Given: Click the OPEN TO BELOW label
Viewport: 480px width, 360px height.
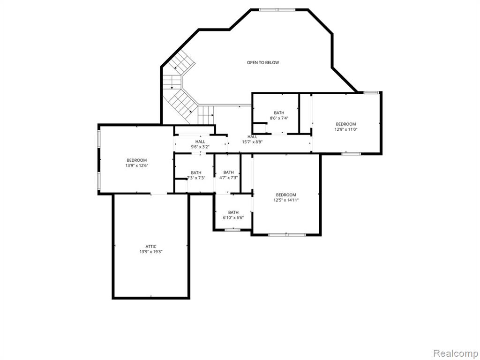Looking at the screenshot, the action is (263, 62).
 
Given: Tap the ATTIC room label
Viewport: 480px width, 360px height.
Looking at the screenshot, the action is (151, 247).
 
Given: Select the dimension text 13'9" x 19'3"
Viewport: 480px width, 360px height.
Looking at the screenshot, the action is (151, 252).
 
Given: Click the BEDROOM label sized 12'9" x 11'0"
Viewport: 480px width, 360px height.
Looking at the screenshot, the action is (346, 124).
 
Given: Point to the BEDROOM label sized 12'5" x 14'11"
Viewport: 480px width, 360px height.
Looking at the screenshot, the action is (286, 195).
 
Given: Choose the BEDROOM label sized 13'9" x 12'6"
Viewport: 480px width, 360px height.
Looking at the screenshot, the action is (137, 160).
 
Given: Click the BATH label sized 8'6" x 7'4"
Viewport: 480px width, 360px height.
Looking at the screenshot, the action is (279, 112).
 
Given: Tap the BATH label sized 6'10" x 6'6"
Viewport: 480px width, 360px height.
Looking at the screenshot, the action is (233, 212).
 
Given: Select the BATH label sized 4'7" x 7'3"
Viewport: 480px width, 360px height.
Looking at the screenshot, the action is (229, 172).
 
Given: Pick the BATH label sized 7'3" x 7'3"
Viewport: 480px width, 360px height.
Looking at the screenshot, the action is (196, 172).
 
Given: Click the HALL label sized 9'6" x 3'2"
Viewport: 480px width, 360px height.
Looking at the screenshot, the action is (200, 142).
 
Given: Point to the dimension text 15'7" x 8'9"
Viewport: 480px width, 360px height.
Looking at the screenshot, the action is (252, 142).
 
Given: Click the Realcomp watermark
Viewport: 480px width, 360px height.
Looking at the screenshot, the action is (455, 353).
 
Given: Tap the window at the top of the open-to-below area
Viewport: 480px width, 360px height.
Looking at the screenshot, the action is (277, 10).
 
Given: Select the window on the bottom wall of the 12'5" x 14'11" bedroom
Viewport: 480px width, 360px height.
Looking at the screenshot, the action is (287, 235).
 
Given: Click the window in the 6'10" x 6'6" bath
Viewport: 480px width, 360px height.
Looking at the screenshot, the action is (232, 230).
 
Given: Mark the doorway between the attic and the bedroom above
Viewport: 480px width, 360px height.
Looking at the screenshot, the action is (159, 194).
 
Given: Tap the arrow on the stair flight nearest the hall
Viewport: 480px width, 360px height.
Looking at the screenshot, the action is (210, 115).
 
